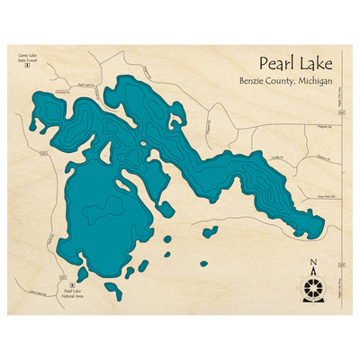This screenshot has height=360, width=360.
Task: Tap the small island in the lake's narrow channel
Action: click(142, 141)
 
